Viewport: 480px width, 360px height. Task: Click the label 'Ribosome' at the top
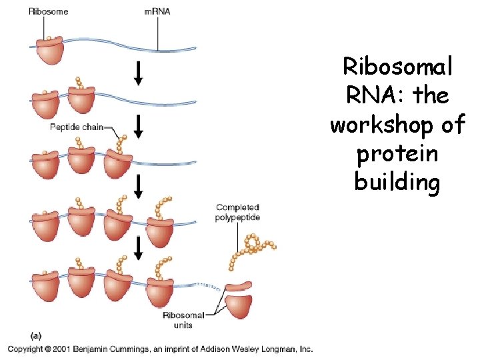[x=48, y=12]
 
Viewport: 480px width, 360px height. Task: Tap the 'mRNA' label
[x=157, y=12]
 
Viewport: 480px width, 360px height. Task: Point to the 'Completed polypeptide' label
[x=237, y=213]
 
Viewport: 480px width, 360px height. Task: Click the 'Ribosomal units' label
[x=183, y=320]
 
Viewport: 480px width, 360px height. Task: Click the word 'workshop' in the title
[x=397, y=125]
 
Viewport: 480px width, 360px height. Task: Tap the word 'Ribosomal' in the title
[x=397, y=67]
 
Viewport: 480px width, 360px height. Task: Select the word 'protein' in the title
[x=397, y=153]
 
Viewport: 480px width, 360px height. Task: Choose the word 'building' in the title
[x=397, y=182]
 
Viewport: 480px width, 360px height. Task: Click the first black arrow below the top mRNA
[x=138, y=73]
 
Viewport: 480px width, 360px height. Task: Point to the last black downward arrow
[x=138, y=248]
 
